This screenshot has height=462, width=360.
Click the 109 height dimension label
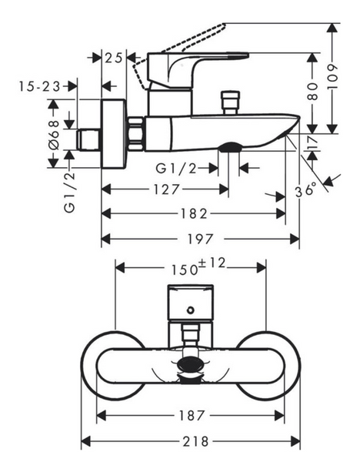coord(332,77)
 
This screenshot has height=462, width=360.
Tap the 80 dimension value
coord(313,92)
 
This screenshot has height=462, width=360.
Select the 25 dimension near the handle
coord(114,58)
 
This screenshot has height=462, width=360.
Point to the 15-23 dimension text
coord(39,86)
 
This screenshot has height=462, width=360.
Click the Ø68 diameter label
coord(54,136)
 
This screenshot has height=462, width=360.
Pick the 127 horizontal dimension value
coord(166,189)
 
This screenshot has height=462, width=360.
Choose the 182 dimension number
coord(194,213)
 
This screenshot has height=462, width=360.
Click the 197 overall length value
coord(200,239)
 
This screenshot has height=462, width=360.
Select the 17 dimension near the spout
coord(314,143)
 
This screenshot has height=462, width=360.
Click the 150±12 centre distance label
coord(198,266)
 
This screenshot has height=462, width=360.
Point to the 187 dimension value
coord(192,416)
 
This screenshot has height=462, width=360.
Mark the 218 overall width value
coord(195,441)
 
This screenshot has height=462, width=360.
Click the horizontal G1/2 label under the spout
coord(176,169)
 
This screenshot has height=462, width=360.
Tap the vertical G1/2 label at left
coord(70,192)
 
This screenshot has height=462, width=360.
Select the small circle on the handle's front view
coord(191,310)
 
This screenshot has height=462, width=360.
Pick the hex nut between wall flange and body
coord(136,134)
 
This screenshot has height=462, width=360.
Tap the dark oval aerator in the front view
coord(190,365)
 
